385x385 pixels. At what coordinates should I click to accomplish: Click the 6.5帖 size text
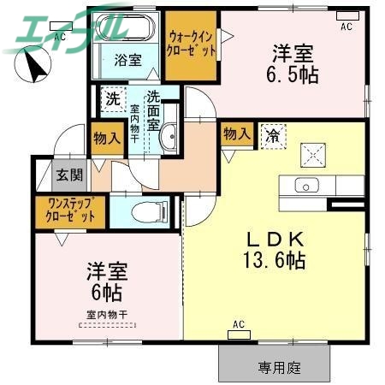(x=297, y=75)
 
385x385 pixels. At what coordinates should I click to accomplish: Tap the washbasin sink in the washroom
(x=169, y=135)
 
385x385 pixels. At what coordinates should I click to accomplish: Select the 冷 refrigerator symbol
(x=273, y=134)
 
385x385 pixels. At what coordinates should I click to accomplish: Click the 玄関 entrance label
(x=69, y=175)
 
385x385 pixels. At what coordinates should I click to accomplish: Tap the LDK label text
(x=276, y=237)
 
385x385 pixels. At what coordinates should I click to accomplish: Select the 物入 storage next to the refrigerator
(x=235, y=133)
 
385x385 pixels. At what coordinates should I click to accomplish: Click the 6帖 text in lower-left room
(x=107, y=293)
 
